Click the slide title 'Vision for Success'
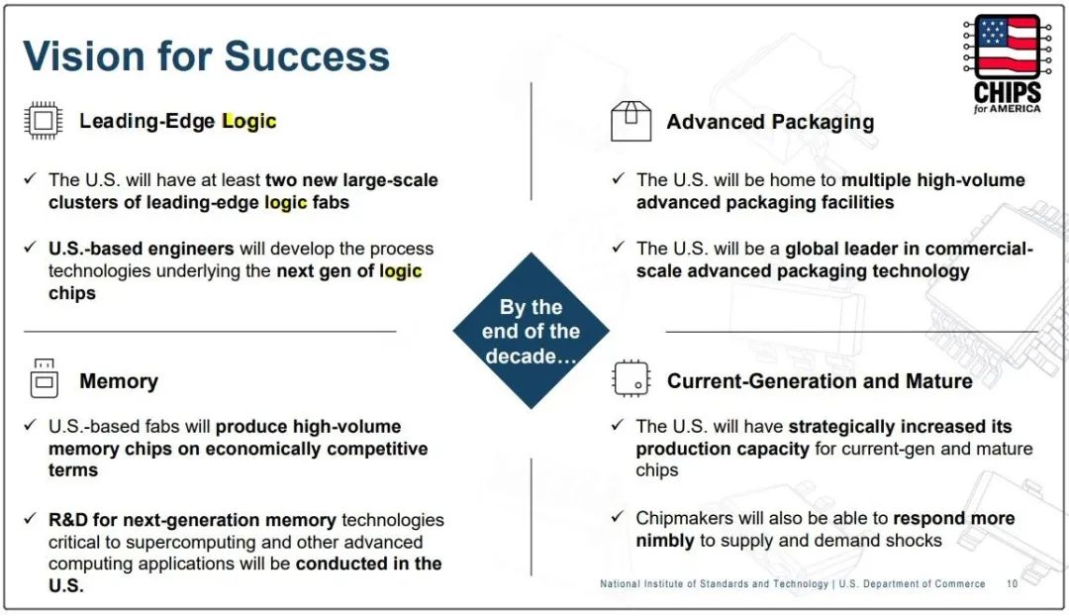pos(206,55)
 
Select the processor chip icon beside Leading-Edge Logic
pos(43,121)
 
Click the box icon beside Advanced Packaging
pos(631,122)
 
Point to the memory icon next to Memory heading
pos(45,378)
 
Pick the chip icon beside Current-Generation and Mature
pos(632,378)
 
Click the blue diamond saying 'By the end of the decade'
pos(532,331)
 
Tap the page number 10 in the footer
pos(1012,584)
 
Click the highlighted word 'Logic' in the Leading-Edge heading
pos(249,122)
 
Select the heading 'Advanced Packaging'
pos(770,122)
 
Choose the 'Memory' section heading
pos(119,380)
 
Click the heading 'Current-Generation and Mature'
pos(820,380)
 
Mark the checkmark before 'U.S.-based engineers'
pos(30,247)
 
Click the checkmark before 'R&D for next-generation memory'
pos(30,518)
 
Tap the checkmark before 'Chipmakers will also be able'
pos(618,516)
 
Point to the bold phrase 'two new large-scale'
pos(351,180)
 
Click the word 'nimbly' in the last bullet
pos(665,541)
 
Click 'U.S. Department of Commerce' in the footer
pos(913,584)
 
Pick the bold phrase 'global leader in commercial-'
pos(910,249)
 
